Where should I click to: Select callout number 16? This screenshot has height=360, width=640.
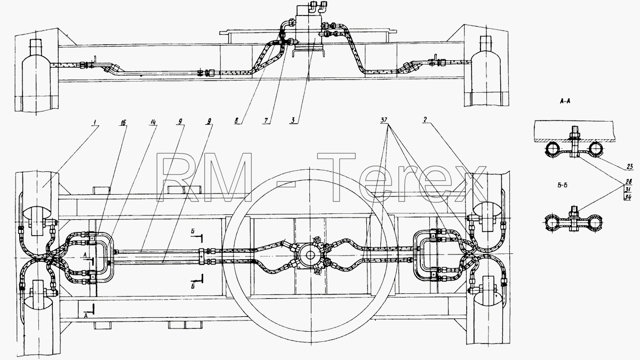click(x=123, y=123)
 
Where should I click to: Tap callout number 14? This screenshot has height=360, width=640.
click(x=154, y=123)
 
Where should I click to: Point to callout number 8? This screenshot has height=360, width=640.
click(x=236, y=121)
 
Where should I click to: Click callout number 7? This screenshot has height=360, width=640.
click(x=266, y=121)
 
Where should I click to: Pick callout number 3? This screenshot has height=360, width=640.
click(x=293, y=121)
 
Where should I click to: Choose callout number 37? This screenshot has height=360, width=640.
click(x=384, y=120)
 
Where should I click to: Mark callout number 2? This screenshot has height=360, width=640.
click(x=425, y=120)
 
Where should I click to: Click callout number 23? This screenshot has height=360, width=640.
click(x=630, y=166)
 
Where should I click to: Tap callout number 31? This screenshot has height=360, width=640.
click(x=628, y=189)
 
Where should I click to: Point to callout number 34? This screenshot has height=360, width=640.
click(x=628, y=197)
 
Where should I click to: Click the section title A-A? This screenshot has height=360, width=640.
click(x=565, y=101)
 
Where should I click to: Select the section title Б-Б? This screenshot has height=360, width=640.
click(x=562, y=185)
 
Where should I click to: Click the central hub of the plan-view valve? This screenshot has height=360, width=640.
click(x=309, y=255)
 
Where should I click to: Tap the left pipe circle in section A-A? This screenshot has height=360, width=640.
click(x=553, y=149)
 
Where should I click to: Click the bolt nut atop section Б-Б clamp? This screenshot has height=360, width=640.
click(x=574, y=213)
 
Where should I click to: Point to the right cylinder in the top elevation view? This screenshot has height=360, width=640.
click(x=486, y=71)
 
